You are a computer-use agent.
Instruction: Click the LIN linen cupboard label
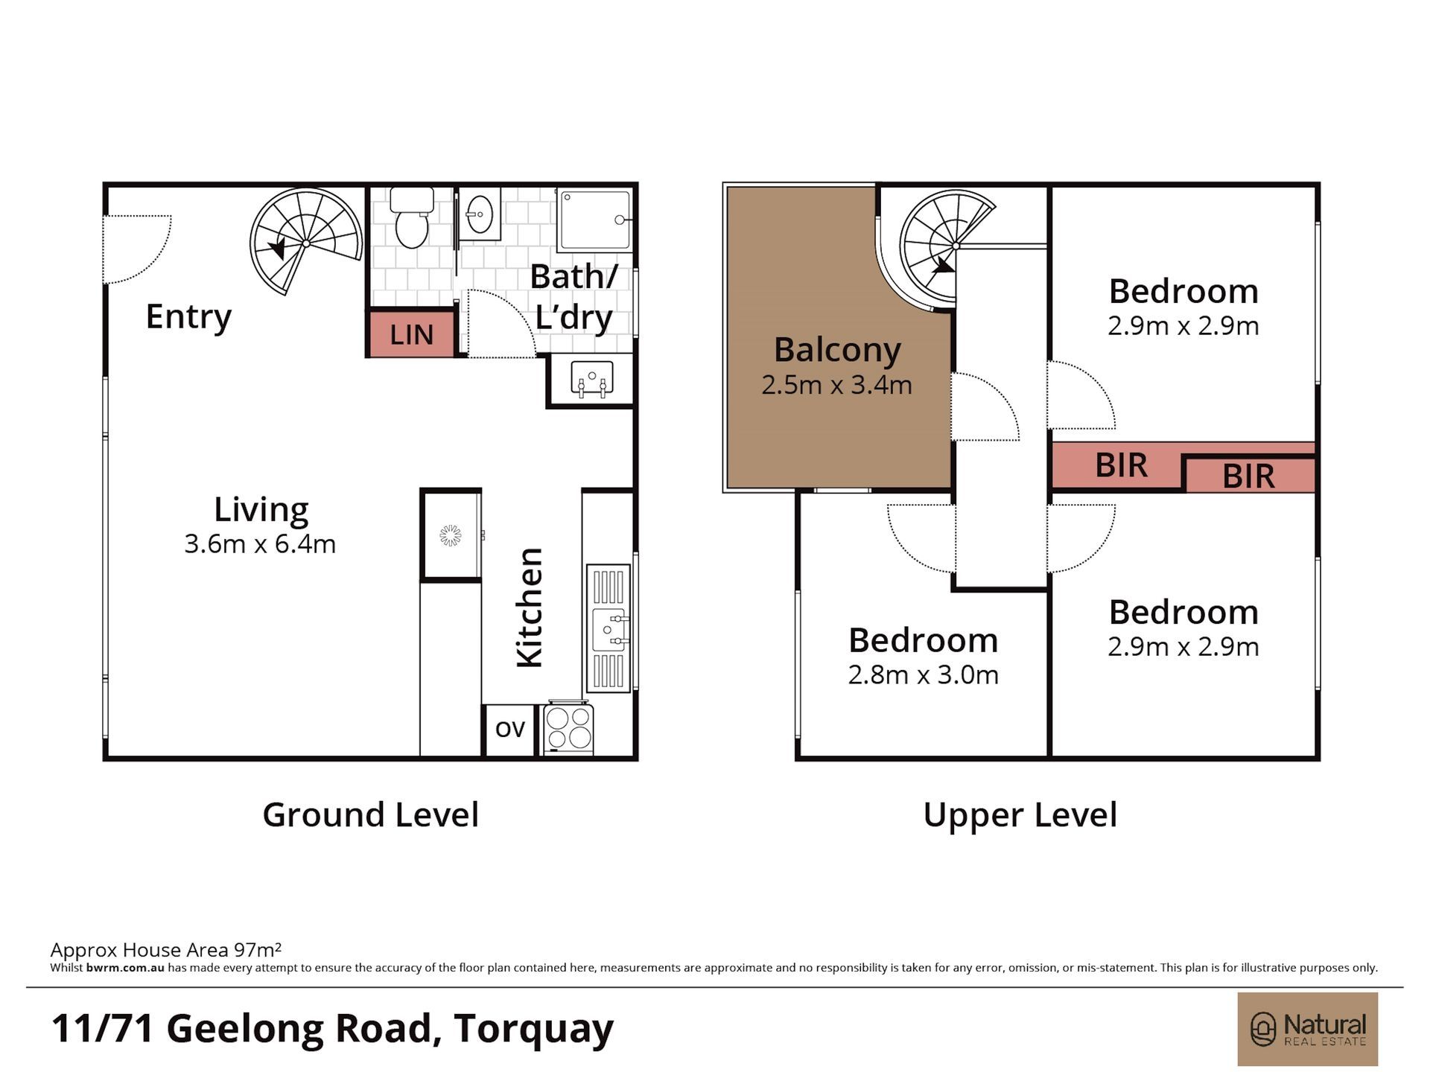pyautogui.click(x=412, y=335)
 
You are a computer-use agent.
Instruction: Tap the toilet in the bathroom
pyautogui.click(x=412, y=218)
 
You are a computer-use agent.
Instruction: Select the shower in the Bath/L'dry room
pyautogui.click(x=596, y=220)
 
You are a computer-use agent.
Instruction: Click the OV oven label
pyautogui.click(x=510, y=729)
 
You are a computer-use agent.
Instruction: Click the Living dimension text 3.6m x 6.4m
pyautogui.click(x=260, y=544)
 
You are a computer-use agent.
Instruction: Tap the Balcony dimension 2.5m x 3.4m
pyautogui.click(x=836, y=385)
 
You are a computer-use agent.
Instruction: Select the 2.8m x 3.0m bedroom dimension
pyautogui.click(x=924, y=675)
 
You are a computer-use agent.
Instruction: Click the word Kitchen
pyautogui.click(x=530, y=607)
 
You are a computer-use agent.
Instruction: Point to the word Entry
pyautogui.click(x=188, y=317)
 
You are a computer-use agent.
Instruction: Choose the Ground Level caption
pyautogui.click(x=370, y=814)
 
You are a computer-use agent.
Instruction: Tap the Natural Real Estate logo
pyautogui.click(x=1307, y=1030)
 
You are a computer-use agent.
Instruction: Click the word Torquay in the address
pyautogui.click(x=533, y=1030)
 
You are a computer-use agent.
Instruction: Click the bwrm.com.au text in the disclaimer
pyautogui.click(x=125, y=968)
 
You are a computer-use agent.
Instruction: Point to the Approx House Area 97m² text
pyautogui.click(x=165, y=949)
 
